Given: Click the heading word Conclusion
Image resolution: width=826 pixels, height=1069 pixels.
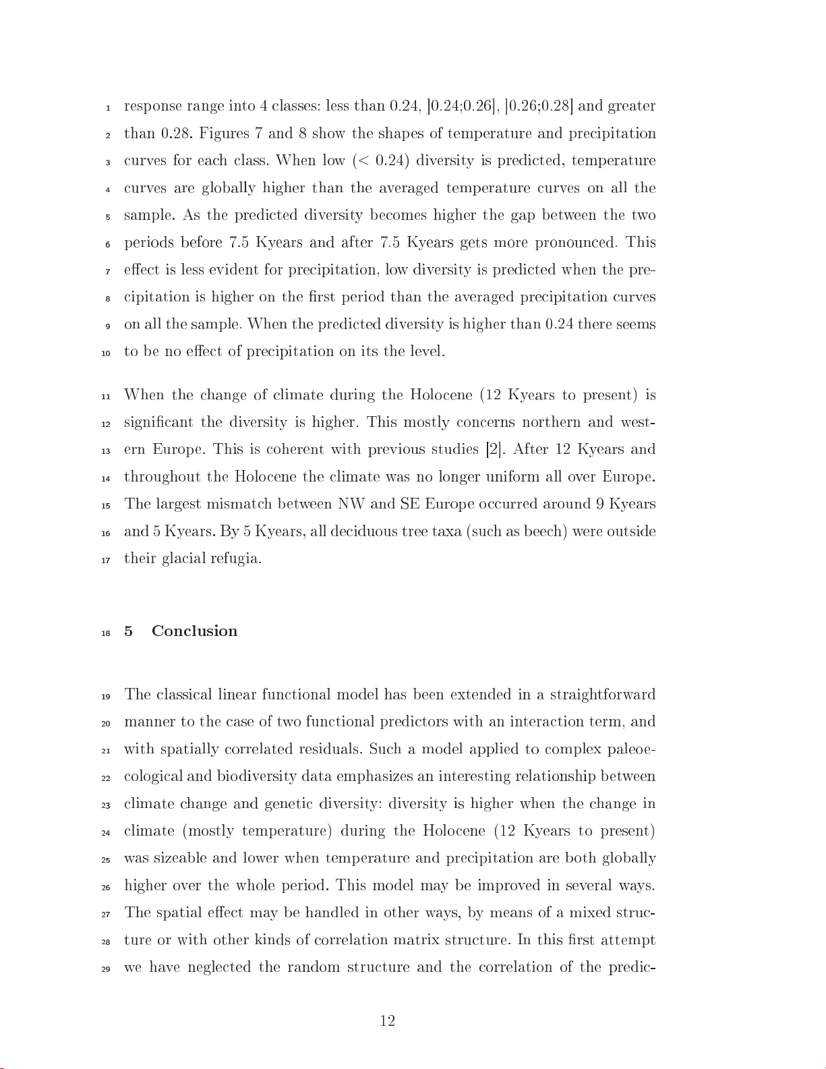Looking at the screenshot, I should click(x=194, y=631).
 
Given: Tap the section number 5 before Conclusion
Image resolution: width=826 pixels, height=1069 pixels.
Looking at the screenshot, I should click(x=128, y=631).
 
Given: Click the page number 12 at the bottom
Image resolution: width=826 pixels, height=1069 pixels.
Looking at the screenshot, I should click(x=387, y=1021).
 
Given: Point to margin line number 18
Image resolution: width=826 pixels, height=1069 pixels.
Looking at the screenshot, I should click(x=106, y=633).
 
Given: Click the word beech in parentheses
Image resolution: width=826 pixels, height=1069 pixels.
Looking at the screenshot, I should click(x=545, y=531).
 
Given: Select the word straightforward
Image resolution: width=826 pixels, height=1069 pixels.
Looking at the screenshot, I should click(x=602, y=695).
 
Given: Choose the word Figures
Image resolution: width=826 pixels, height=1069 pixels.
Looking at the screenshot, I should click(x=224, y=134).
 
